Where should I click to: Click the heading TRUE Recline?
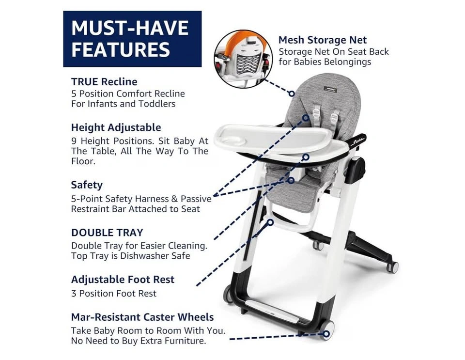point(104,81)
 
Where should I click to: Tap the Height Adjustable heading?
point(116,127)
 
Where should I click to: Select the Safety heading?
point(87,185)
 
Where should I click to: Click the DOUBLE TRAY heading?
point(107,233)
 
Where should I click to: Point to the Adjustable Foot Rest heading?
point(123,280)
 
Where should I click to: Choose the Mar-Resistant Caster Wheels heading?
point(142,317)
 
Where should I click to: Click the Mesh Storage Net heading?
point(323,40)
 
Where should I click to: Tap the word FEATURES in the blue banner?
point(121,49)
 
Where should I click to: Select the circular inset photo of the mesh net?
point(243,59)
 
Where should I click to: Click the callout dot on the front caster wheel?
point(326,334)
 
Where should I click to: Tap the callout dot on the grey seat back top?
point(292,94)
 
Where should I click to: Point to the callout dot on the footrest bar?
point(270,222)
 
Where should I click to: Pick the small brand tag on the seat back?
point(330,89)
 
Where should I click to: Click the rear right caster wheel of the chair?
point(393,267)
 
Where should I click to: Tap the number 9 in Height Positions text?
point(74,141)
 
